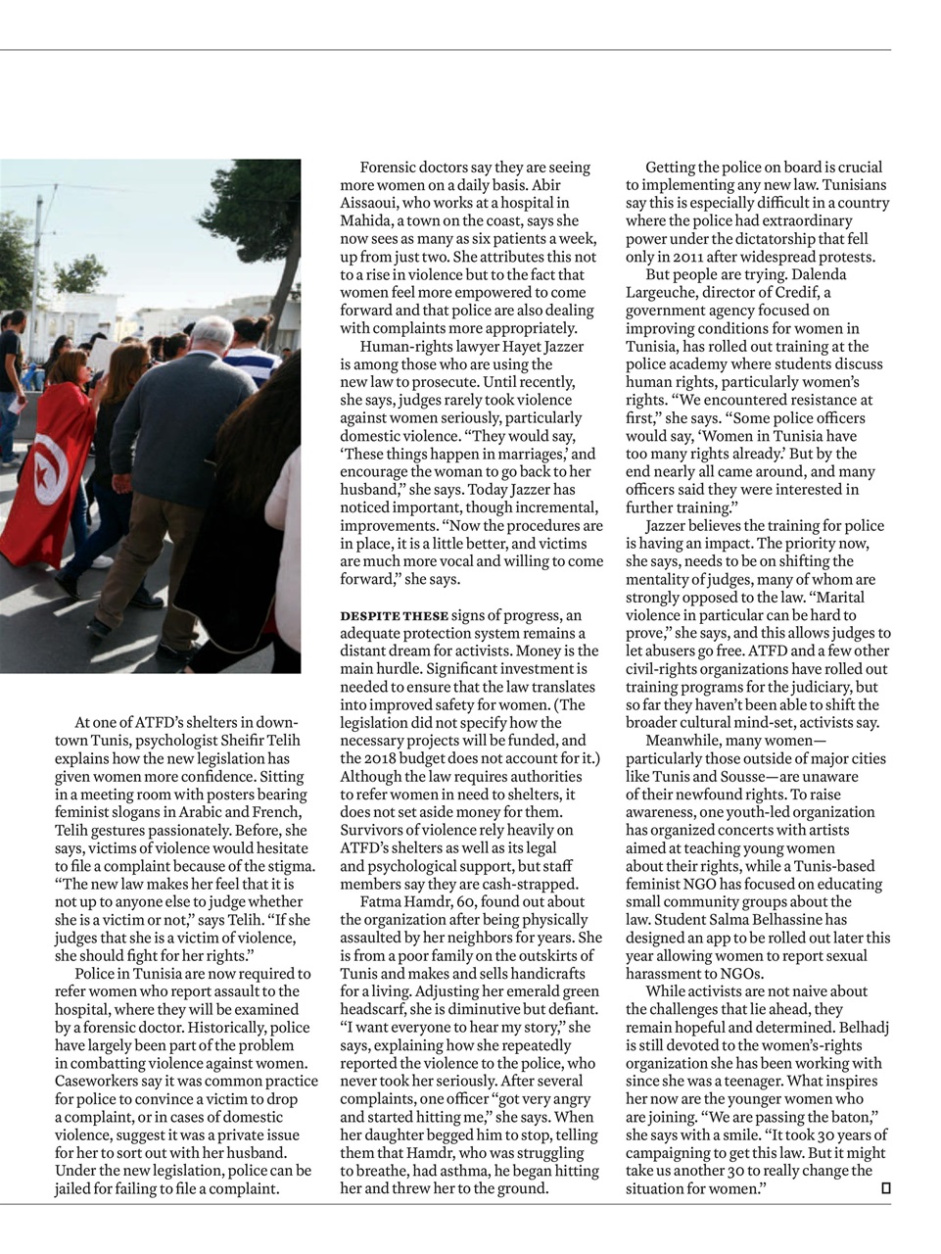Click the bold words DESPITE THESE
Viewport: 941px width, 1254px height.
pos(394,615)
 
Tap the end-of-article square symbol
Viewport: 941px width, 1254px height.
pos(885,1187)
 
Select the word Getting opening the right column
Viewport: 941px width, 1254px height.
pos(671,168)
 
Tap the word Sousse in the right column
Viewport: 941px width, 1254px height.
pos(745,776)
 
